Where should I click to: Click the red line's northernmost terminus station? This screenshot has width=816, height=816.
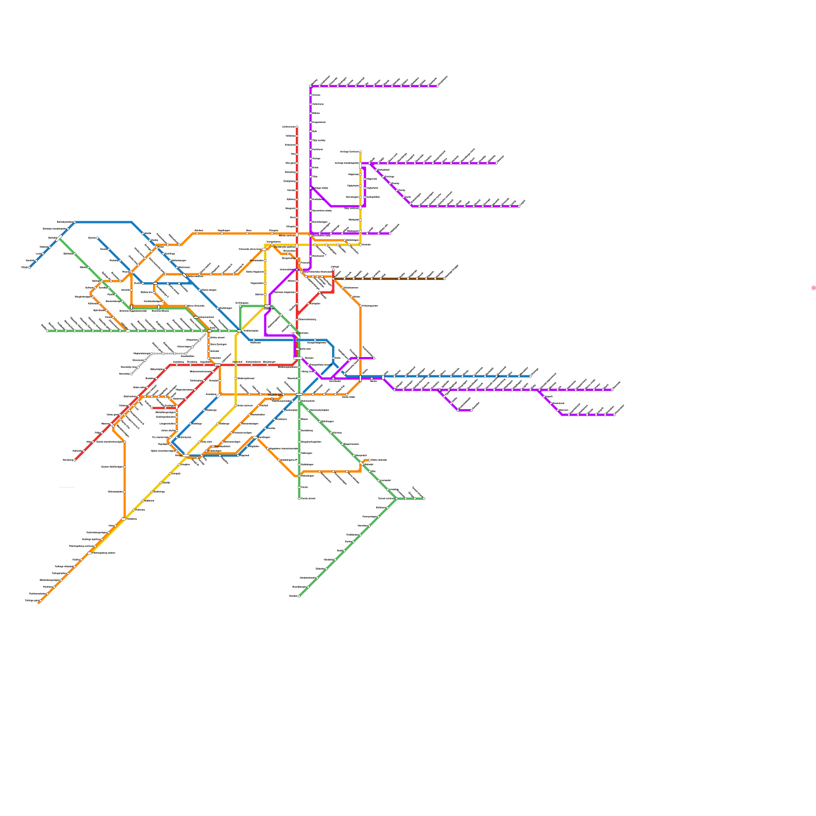coord(297,126)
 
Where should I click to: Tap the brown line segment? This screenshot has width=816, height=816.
coord(388,279)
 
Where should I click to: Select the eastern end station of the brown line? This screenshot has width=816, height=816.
coord(444,279)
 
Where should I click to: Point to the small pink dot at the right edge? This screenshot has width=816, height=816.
coord(813,288)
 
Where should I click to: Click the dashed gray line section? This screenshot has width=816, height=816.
coord(168,353)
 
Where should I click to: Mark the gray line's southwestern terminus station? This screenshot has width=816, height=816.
coord(132,374)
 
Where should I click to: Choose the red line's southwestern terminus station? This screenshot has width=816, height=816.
coord(75,460)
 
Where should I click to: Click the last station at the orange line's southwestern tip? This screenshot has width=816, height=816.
coord(39,602)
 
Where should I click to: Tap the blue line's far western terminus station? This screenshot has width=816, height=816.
coord(30,267)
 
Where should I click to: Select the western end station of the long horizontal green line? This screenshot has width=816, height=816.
coord(47,330)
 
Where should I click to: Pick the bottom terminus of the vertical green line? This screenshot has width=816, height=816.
coord(299,498)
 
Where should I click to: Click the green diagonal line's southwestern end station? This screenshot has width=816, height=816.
coord(299,596)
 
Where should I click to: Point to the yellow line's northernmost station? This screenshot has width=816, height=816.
coord(361,151)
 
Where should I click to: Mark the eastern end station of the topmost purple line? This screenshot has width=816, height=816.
coord(437,86)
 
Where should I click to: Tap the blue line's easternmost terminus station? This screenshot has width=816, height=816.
coord(530,376)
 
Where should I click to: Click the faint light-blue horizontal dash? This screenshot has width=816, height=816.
coord(67,488)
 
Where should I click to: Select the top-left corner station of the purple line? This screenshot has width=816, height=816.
coord(311,86)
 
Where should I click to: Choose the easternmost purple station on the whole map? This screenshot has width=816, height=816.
coord(614,415)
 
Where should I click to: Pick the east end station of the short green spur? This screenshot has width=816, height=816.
coord(424,499)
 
